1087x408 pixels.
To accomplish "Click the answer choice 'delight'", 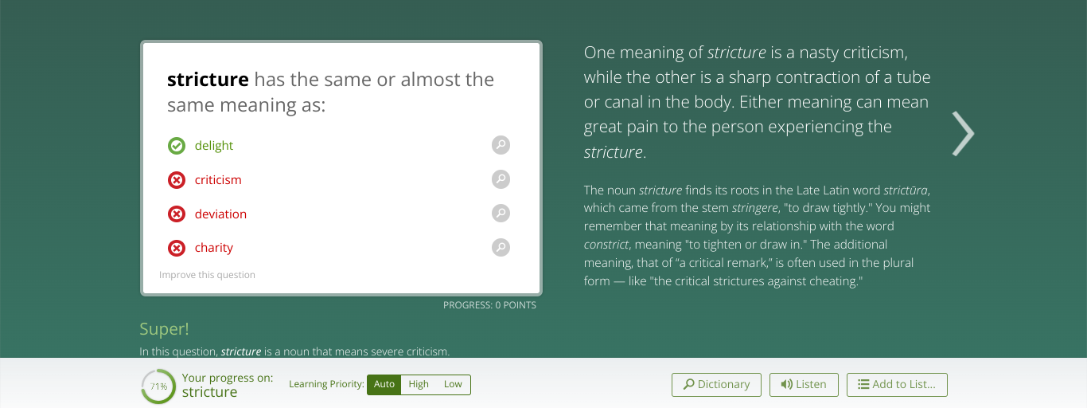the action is [213, 146].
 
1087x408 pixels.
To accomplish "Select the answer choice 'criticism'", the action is [218, 180].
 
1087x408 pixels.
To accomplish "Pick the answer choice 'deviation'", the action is [220, 214].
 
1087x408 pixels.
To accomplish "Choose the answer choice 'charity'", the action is [213, 248].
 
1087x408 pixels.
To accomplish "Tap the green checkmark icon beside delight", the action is [177, 146].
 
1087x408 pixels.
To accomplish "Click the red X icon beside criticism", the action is [177, 180].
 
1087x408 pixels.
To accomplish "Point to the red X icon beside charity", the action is [177, 248].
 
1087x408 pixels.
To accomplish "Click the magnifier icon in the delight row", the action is [501, 145].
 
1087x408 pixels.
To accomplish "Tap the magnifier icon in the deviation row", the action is [501, 213].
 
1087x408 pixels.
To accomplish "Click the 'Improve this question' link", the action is [207, 275].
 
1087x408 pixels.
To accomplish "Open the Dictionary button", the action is [716, 385].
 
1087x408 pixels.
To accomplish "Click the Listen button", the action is [804, 385].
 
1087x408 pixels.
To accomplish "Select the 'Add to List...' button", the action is [897, 385].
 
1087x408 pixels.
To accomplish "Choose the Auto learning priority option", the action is [384, 384].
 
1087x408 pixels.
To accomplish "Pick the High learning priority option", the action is [419, 384].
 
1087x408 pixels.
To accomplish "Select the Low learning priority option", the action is [453, 384].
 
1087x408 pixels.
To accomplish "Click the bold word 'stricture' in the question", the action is [208, 79].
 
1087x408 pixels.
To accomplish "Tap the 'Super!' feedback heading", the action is [164, 329].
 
